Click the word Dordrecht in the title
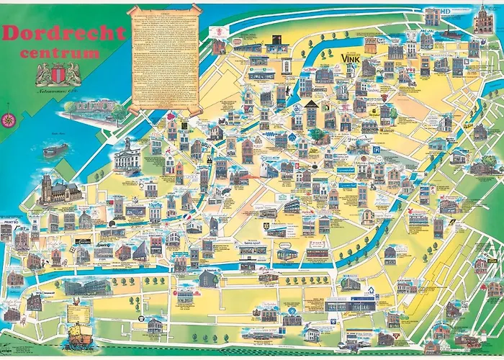pyautogui.click(x=64, y=33)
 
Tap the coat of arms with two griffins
pyautogui.click(x=54, y=75)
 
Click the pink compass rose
pyautogui.click(x=9, y=120)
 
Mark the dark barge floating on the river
pyautogui.click(x=55, y=150)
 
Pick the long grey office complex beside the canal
pyautogui.click(x=86, y=287)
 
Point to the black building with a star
pyautogui.click(x=278, y=40)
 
